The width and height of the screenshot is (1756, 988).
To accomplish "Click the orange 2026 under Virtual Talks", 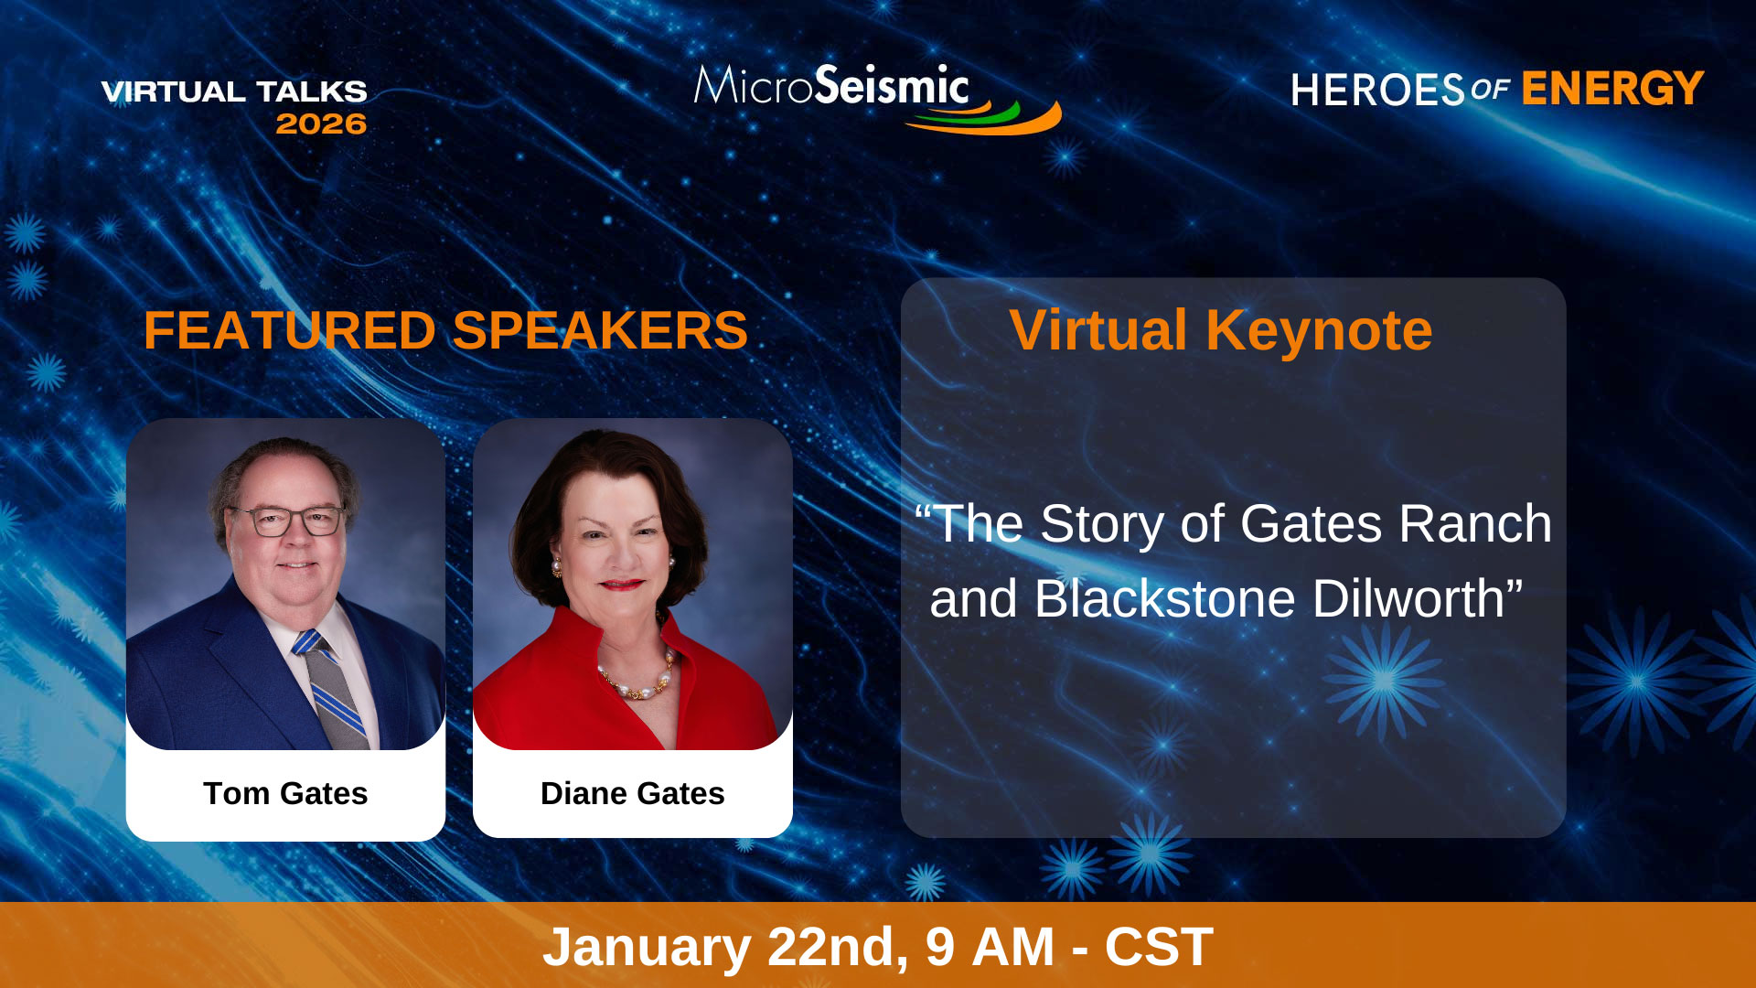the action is (321, 123).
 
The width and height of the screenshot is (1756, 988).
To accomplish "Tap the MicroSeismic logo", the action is (877, 98).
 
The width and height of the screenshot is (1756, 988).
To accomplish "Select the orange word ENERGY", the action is (1612, 89).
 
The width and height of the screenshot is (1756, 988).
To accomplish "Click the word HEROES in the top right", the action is (1378, 91).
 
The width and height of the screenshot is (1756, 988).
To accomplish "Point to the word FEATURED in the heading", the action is (290, 330).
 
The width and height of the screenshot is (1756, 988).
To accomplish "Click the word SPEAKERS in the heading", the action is (600, 330).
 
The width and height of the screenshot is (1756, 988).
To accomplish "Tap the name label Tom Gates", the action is (285, 793).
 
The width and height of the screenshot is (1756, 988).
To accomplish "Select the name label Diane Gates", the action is (632, 793).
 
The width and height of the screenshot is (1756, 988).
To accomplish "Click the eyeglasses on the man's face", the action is (285, 521).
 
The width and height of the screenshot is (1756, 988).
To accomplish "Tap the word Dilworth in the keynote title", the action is (1417, 599).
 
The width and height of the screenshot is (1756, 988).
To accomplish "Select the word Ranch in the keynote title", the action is (1474, 524).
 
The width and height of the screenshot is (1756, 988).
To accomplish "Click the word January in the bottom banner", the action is (647, 947).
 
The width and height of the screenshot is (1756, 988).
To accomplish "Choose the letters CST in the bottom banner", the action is (1159, 947).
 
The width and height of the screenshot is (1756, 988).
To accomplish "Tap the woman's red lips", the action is (623, 585).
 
